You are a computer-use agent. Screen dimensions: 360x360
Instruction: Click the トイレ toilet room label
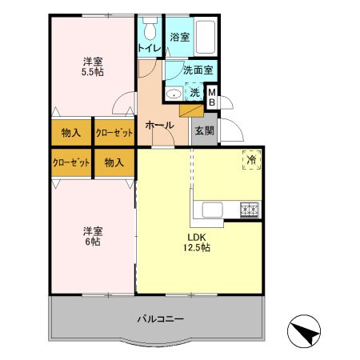coord(149,48)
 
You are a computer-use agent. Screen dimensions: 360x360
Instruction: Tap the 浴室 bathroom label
coord(180,37)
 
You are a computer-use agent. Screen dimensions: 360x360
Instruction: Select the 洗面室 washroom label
coord(197,70)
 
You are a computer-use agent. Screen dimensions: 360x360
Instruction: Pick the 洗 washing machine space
coord(194,93)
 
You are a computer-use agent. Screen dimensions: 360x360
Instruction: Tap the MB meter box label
coord(212,97)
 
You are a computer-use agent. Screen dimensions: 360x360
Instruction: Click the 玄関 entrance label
coord(203,130)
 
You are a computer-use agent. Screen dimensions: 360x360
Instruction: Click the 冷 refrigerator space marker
coord(252,160)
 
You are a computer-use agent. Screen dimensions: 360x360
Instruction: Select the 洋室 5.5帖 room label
coord(91,66)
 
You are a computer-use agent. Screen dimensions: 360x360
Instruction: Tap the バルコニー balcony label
coord(160,318)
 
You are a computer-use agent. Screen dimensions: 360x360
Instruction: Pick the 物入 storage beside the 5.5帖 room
coord(70,132)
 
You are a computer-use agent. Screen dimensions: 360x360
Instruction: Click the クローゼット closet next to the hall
coord(113,132)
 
